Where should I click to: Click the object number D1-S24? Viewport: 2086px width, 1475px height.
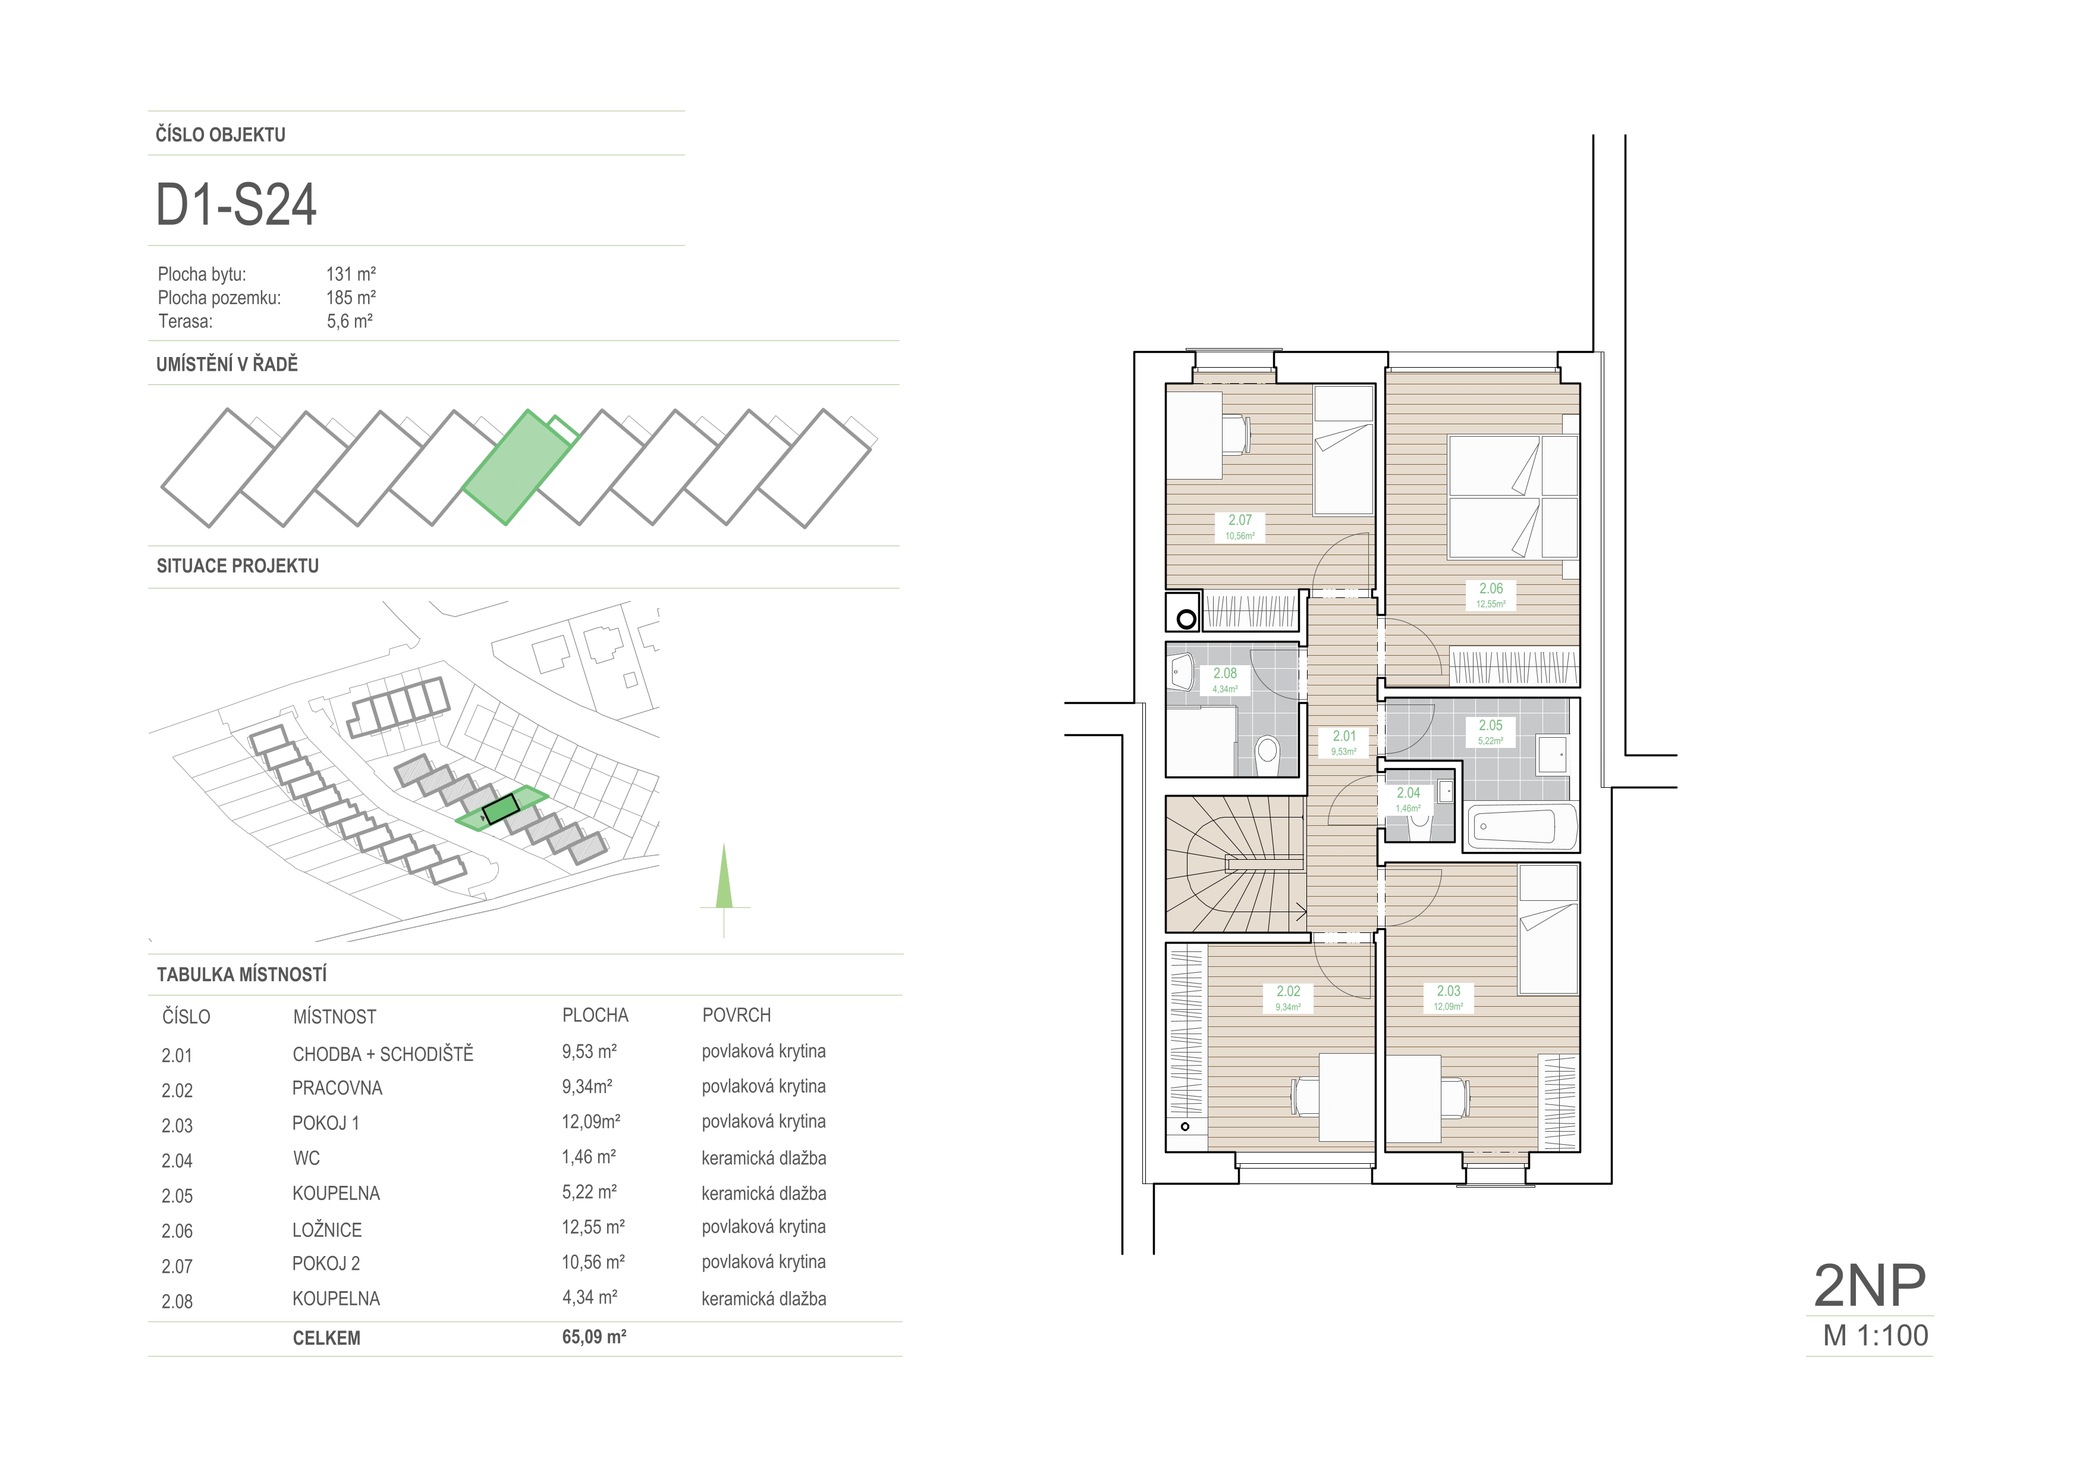click(236, 205)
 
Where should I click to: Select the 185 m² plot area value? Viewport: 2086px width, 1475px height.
click(351, 297)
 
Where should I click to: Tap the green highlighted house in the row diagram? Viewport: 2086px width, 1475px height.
click(519, 466)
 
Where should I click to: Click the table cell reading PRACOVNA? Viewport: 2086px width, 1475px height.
click(337, 1088)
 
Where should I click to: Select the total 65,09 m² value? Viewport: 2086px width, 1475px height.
click(594, 1337)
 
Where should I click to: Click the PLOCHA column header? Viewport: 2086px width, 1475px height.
click(595, 1015)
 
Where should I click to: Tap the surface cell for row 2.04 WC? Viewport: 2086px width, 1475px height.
click(763, 1158)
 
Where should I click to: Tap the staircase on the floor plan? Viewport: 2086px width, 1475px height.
click(1236, 865)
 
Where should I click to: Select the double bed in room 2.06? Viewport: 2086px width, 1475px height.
click(1513, 496)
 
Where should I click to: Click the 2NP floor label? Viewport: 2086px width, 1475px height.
click(1870, 1285)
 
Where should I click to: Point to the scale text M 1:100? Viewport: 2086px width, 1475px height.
click(1875, 1335)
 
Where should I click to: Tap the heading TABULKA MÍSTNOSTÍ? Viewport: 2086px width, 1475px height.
click(241, 974)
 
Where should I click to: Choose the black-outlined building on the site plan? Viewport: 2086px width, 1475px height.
click(501, 809)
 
